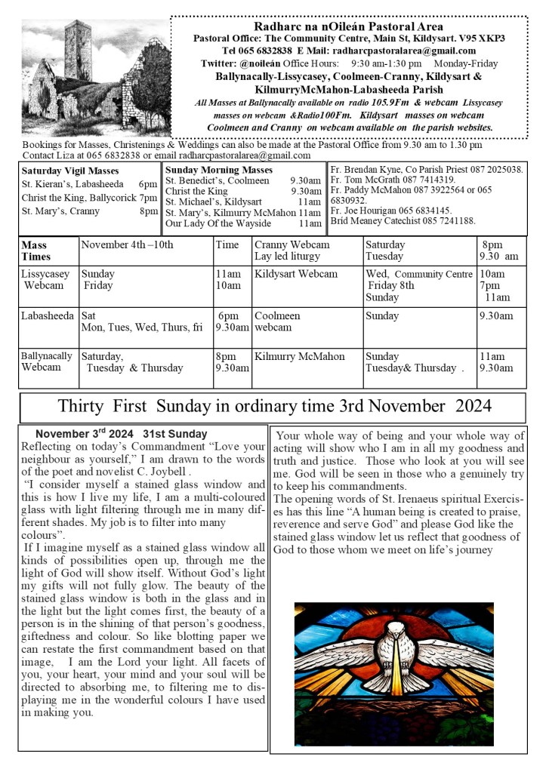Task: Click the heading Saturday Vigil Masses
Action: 63,171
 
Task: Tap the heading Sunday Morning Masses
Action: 208,170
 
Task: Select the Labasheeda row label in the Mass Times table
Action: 48,316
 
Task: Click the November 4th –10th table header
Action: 127,245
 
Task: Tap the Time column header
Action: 227,245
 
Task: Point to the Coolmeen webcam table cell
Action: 277,321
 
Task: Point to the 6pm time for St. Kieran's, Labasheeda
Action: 148,184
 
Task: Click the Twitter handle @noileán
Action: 265,63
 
